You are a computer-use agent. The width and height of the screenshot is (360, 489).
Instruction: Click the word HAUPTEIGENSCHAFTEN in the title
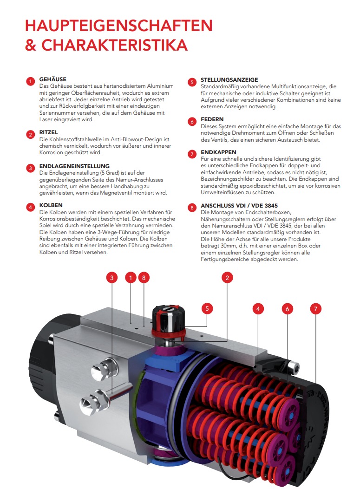[x=118, y=25]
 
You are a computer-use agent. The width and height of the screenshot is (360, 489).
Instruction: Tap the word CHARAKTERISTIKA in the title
[x=115, y=45]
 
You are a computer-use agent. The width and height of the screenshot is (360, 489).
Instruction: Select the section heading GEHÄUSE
[x=53, y=79]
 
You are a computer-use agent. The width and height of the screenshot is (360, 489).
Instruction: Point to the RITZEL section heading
[x=49, y=132]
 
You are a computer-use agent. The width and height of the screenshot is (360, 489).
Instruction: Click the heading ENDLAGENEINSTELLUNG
[x=74, y=166]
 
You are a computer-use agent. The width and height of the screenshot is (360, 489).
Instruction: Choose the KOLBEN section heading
[x=51, y=205]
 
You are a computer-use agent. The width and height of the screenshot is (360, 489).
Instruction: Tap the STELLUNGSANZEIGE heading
[x=229, y=80]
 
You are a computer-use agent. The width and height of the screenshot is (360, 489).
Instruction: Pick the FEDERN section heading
[x=212, y=119]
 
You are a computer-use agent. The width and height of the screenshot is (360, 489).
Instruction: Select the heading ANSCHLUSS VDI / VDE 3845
[x=239, y=205]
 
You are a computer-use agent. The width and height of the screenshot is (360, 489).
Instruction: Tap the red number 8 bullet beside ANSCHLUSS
[x=191, y=208]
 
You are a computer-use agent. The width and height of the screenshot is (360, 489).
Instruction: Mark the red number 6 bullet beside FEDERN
[x=191, y=122]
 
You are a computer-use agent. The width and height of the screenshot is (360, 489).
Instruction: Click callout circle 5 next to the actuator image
[x=207, y=308]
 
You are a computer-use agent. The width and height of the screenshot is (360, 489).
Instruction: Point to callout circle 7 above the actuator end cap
[x=316, y=308]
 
